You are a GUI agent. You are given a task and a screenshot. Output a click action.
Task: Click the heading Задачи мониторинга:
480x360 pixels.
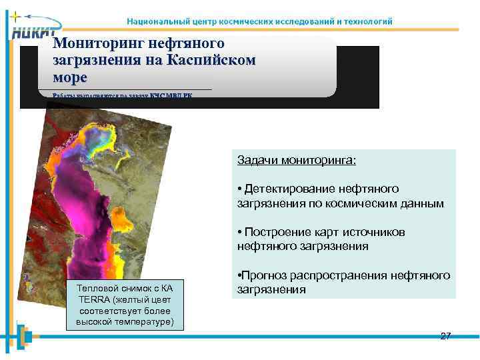[297, 161]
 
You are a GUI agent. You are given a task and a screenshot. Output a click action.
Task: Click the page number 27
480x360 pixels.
[445, 336]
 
